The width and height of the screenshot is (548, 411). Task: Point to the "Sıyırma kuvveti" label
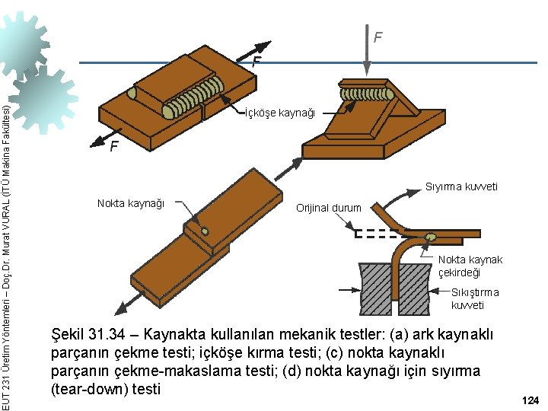(x=461, y=186)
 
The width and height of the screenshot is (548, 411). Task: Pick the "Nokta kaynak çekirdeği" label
(x=470, y=266)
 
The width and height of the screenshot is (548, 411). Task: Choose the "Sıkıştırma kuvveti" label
(x=474, y=298)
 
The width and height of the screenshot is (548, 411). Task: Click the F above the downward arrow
(x=378, y=37)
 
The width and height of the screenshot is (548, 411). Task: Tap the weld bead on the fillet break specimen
(x=368, y=93)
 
